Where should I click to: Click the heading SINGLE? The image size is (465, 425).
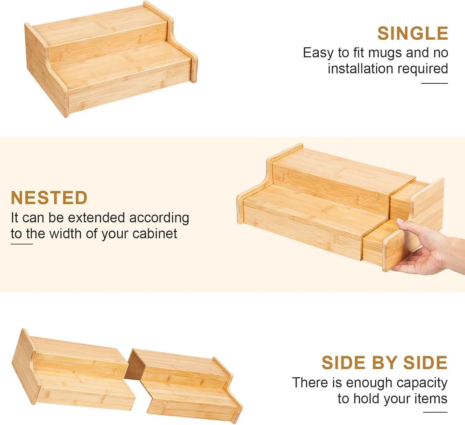coord(413,33)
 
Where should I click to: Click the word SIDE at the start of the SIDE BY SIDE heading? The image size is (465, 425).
coord(342,363)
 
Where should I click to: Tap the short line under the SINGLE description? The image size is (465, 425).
coord(435,83)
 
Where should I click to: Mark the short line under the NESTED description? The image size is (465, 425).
coord(22,244)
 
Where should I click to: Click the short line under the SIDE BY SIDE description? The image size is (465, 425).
coord(435,412)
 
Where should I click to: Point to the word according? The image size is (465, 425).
coord(159,218)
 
